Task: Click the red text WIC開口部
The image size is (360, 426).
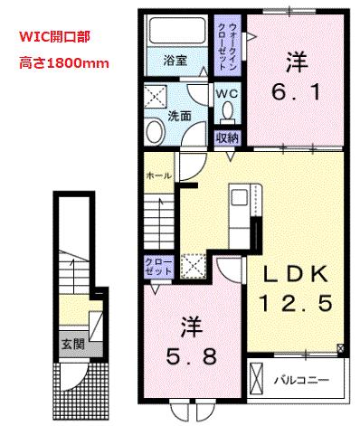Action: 55,40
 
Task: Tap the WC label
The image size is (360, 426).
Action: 227,93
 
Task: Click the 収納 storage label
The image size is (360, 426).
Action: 227,137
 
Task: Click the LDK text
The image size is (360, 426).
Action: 293,274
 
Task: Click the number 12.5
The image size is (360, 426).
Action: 293,301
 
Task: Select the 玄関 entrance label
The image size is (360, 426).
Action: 72,344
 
